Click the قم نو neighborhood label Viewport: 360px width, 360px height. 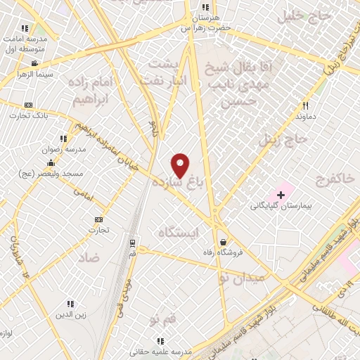point(162,320)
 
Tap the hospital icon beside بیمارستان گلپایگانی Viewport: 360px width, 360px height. point(281,194)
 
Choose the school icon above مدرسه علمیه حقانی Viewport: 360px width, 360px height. point(161,341)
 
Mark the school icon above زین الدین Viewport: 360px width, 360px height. point(70,304)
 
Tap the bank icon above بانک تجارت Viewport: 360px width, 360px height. point(28,104)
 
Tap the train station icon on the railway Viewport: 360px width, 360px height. point(132,243)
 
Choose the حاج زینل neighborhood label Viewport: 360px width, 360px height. point(283,139)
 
